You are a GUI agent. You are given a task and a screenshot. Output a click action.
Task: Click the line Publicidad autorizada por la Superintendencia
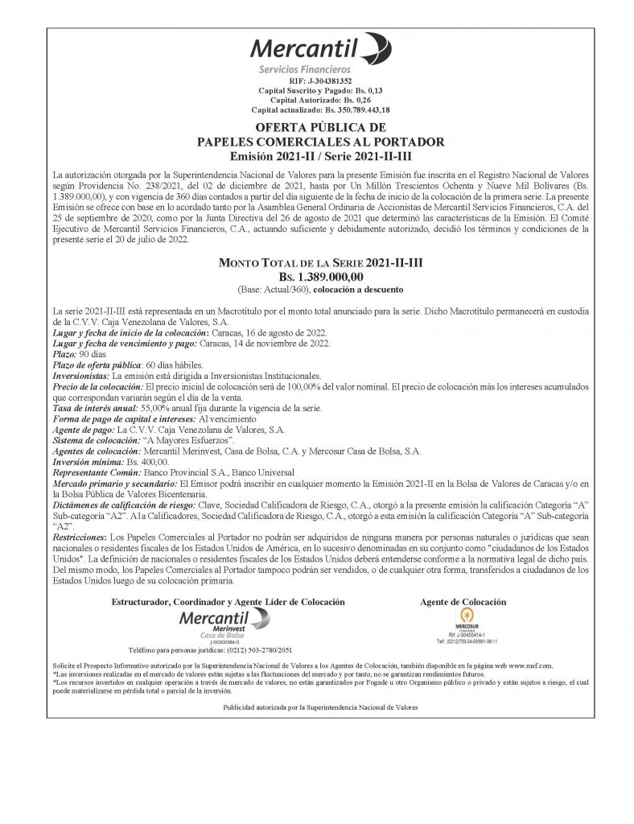tap(320, 707)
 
